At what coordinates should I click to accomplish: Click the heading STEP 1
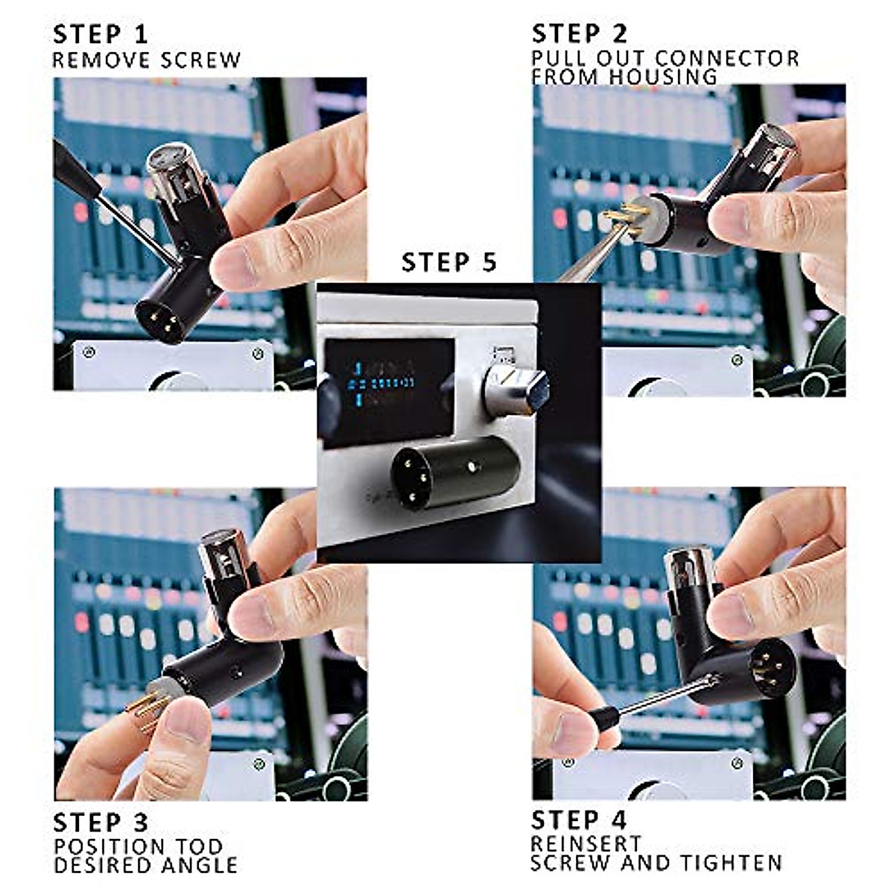100,34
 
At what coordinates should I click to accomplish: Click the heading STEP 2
580,34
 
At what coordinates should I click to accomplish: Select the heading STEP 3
101,822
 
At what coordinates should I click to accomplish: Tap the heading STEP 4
579,819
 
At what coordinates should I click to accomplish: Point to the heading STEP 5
448,262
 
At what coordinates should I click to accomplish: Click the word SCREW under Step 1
203,60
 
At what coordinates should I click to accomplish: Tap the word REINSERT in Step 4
586,844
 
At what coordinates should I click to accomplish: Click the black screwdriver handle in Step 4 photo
600,719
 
